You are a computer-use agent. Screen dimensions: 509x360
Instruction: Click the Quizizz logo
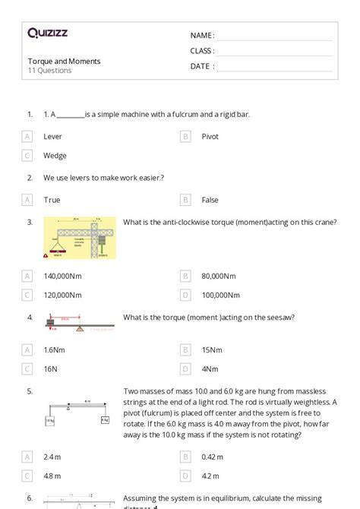tap(47, 33)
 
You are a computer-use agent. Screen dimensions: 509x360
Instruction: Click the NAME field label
tap(202, 36)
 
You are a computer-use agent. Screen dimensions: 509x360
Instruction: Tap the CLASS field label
tap(202, 51)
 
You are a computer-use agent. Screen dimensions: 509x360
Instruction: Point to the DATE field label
tap(202, 66)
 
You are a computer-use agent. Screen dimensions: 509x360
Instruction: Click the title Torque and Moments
tap(64, 61)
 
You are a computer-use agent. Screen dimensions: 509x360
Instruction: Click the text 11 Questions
tap(50, 71)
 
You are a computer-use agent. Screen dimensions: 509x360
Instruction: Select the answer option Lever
tap(53, 137)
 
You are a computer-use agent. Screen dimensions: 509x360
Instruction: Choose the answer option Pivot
tap(210, 137)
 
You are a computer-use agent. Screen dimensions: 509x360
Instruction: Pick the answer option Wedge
tap(55, 156)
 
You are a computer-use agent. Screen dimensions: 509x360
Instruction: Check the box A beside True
tap(28, 200)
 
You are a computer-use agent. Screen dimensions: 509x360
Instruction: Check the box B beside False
tap(185, 200)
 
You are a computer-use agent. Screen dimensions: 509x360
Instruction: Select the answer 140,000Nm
tap(63, 277)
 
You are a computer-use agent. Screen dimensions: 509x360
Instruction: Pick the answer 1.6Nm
tap(55, 350)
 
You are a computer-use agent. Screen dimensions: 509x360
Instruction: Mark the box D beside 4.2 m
tap(185, 476)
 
